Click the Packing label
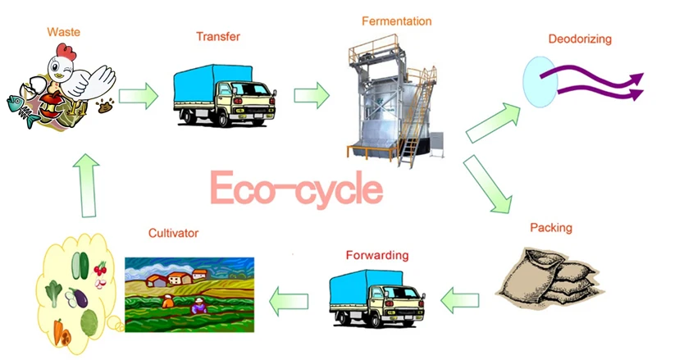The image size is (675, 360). pyautogui.click(x=550, y=227)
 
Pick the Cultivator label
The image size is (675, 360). pyautogui.click(x=173, y=234)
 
